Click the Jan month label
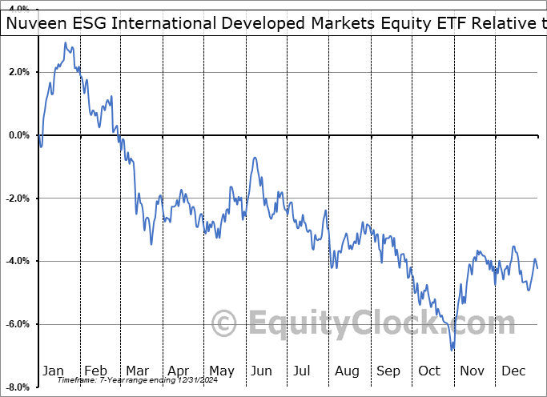click(x=52, y=371)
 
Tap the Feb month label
click(x=95, y=371)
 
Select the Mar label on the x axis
click(x=137, y=371)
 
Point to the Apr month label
click(x=179, y=371)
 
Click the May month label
click(x=221, y=371)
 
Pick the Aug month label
click(x=348, y=371)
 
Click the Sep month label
click(x=388, y=371)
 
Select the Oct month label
click(x=429, y=371)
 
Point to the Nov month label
click(x=473, y=371)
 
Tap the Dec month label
click(x=513, y=371)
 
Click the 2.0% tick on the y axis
click(x=18, y=72)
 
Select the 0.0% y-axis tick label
click(x=18, y=135)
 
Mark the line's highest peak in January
click(x=65, y=42)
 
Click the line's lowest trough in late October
click(x=452, y=350)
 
